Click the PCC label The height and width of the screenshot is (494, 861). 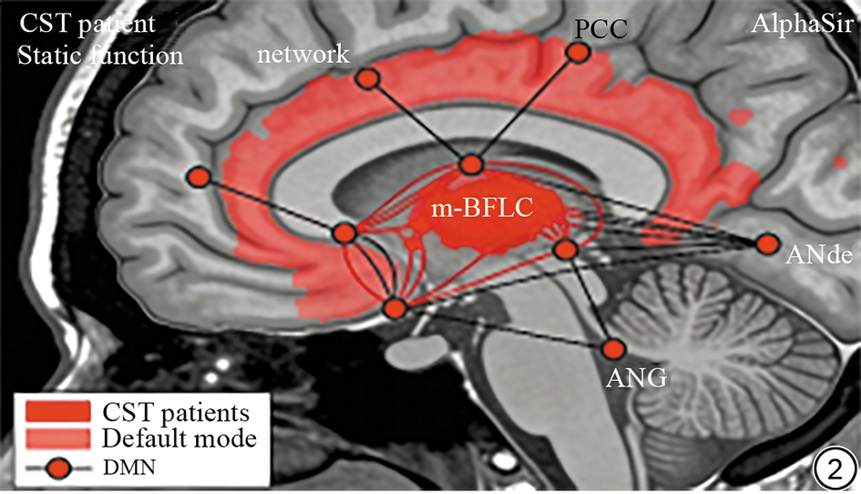click(x=600, y=29)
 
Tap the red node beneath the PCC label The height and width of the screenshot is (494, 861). click(x=578, y=52)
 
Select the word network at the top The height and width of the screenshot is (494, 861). click(x=303, y=54)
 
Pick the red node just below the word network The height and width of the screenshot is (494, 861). click(x=368, y=78)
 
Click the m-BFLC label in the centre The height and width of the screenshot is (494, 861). click(x=481, y=208)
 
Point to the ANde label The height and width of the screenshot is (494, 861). click(x=819, y=254)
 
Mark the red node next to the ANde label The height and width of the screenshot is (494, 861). click(x=768, y=243)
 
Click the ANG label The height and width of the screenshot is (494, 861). click(x=637, y=377)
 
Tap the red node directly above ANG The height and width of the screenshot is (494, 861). click(x=613, y=349)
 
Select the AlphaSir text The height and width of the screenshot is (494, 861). click(x=802, y=25)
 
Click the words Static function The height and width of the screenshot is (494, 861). click(x=100, y=56)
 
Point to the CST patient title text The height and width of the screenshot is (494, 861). click(x=87, y=25)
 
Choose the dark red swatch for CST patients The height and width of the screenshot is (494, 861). click(x=57, y=411)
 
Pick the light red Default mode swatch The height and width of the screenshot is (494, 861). click(x=57, y=438)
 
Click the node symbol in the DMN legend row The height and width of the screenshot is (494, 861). click(x=57, y=468)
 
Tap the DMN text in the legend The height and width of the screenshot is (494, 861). click(x=129, y=468)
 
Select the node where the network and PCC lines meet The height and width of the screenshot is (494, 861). click(x=471, y=164)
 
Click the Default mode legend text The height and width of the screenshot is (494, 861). click(x=179, y=438)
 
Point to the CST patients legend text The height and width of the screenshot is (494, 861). click(x=176, y=413)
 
